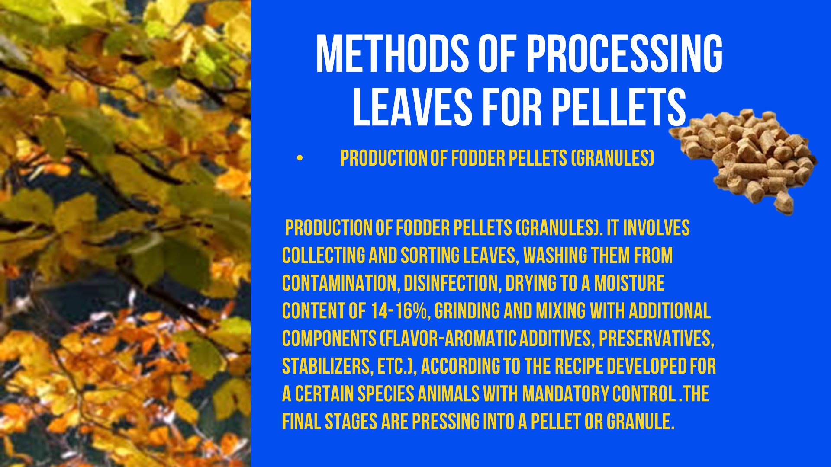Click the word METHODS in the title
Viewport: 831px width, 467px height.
click(x=392, y=54)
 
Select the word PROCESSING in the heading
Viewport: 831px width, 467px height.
click(x=625, y=54)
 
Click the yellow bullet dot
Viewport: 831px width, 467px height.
click(x=300, y=158)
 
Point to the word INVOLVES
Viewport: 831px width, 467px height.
click(x=656, y=228)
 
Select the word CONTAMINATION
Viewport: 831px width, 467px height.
click(x=339, y=283)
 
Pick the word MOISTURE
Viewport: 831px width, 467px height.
click(x=629, y=283)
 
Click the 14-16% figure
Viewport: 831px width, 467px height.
click(x=399, y=311)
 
